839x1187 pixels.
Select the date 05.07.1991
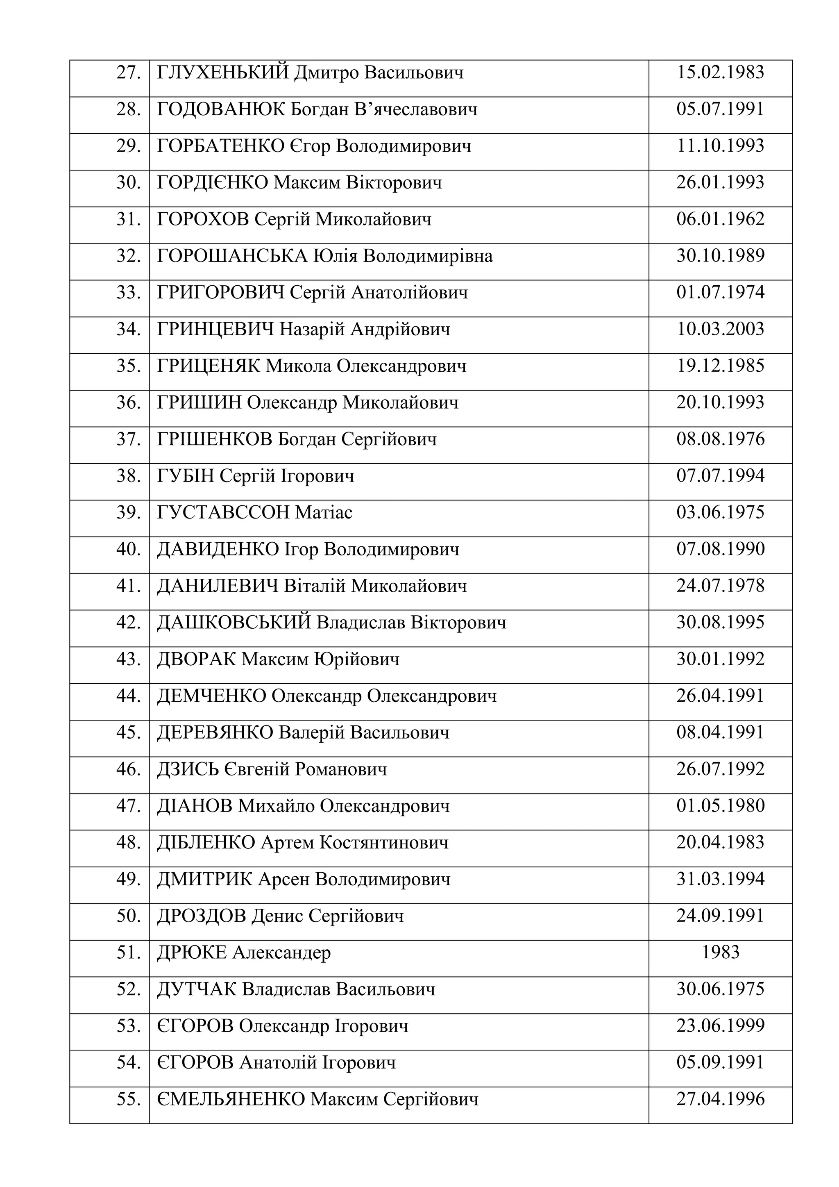720,109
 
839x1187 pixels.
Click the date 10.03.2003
720,329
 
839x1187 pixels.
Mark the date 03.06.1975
720,512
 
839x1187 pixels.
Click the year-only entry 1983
720,952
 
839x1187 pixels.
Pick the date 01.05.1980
720,805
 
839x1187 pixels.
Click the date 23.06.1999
720,1026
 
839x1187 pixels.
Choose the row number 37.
129,439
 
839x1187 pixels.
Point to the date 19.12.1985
720,366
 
